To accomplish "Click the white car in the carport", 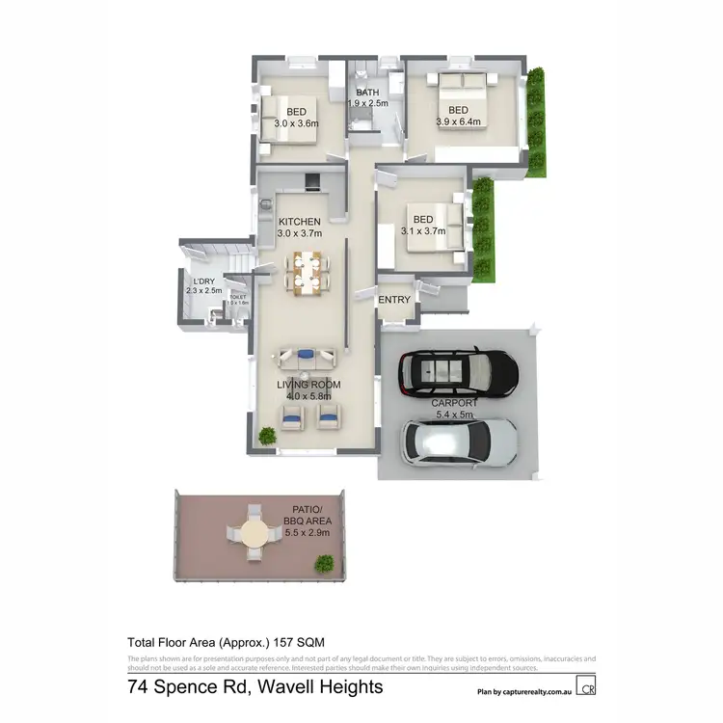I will (x=459, y=442).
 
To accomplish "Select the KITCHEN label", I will (x=299, y=222).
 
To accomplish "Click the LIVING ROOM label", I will (x=308, y=385).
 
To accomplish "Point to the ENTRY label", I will (x=394, y=300).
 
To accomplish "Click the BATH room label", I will (x=366, y=93).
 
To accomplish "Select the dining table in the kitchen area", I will (x=308, y=271).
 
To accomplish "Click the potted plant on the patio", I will (x=326, y=564).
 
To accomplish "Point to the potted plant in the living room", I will (x=267, y=435).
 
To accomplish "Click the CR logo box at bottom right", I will (x=586, y=687).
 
